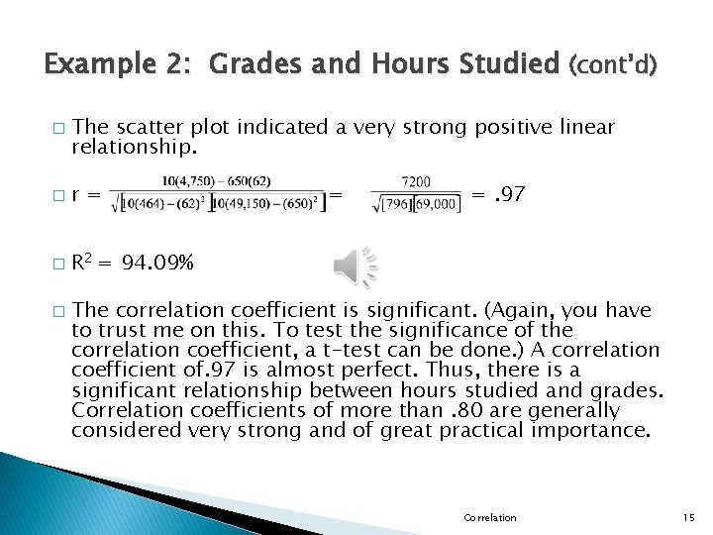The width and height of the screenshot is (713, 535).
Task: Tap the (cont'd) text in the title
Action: coord(612,65)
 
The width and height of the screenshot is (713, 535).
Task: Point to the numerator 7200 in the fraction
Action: coord(416,182)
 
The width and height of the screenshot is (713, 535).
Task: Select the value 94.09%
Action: coord(158,264)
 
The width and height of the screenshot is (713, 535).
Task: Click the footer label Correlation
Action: coord(489,517)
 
